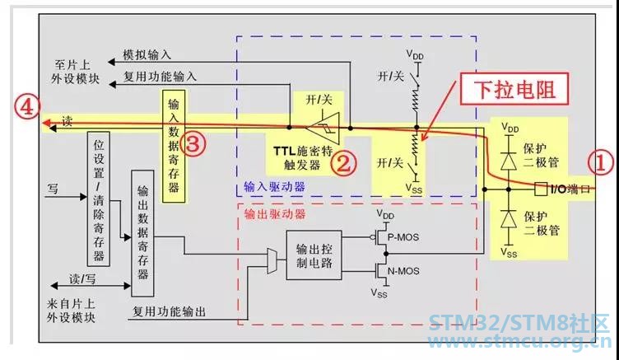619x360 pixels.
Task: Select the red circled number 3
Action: (x=193, y=145)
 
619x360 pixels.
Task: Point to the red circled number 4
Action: (x=27, y=108)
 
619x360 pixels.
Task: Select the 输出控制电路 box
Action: (x=314, y=255)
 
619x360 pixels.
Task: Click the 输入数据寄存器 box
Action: (x=174, y=146)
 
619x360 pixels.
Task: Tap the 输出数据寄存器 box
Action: (x=142, y=233)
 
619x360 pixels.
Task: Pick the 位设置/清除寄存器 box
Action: (x=98, y=199)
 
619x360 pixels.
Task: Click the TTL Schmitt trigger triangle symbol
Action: (x=324, y=128)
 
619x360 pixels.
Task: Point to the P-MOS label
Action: (x=403, y=237)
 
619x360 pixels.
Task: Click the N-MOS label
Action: (x=403, y=271)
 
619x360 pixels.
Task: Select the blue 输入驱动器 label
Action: (x=274, y=186)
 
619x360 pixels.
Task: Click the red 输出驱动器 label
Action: (x=275, y=214)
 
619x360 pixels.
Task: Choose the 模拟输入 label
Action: (x=147, y=54)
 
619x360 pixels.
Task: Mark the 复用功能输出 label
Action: (x=169, y=311)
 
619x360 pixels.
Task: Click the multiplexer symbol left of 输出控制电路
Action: (x=272, y=261)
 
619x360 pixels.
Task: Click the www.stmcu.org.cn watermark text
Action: (x=519, y=342)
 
